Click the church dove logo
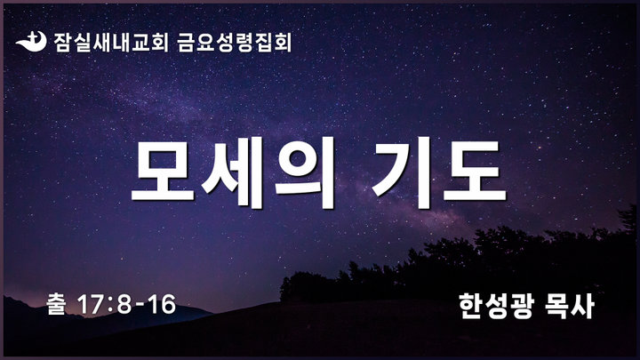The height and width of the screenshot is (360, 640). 31,42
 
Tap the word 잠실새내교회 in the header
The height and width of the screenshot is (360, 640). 110,43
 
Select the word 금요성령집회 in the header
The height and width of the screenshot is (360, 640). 235,43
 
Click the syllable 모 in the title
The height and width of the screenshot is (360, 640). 164,172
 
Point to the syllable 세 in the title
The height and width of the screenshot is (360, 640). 233,172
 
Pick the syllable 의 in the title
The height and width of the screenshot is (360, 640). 305,172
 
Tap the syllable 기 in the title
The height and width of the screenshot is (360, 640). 403,172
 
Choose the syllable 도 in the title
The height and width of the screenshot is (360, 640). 475,172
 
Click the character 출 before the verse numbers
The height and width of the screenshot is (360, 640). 57,304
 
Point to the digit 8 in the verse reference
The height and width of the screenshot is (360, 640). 124,305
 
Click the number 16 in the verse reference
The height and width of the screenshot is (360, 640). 162,305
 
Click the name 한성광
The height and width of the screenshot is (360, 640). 496,306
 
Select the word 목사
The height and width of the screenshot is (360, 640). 570,306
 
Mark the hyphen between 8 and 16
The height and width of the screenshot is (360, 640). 140,306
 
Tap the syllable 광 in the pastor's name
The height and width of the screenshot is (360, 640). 522,306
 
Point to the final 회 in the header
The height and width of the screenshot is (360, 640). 283,43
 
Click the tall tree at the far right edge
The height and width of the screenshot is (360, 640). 628,220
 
